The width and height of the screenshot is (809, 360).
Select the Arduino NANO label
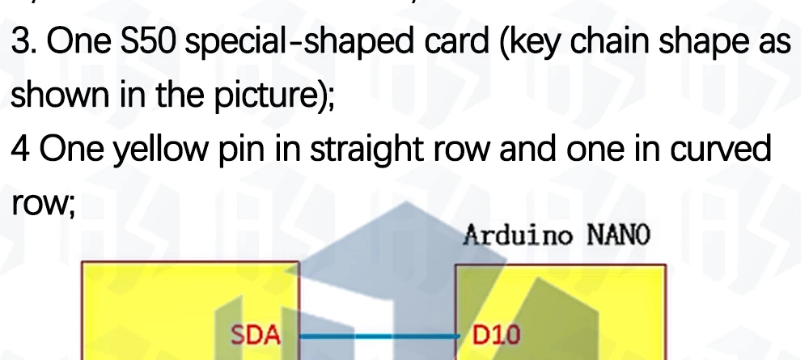557,236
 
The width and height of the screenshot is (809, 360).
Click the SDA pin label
256,334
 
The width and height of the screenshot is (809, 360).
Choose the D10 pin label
494,334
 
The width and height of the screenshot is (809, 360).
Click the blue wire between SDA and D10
377,334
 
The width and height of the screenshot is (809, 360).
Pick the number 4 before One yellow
20,150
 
